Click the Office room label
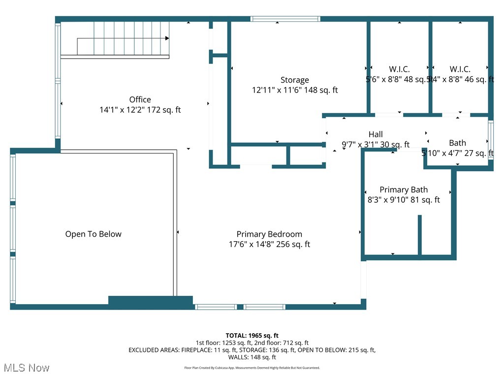[140, 99]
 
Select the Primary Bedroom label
[269, 234]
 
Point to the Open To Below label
[93, 234]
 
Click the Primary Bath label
[404, 189]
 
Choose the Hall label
[376, 134]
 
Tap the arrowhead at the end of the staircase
[167, 38]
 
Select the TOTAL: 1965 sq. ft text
[252, 336]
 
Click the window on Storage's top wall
[285, 19]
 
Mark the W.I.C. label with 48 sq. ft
[399, 69]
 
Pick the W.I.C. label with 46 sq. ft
[460, 69]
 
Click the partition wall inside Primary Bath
[419, 235]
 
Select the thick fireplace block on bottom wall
[150, 302]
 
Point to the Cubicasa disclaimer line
[252, 368]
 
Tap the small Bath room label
[457, 143]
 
